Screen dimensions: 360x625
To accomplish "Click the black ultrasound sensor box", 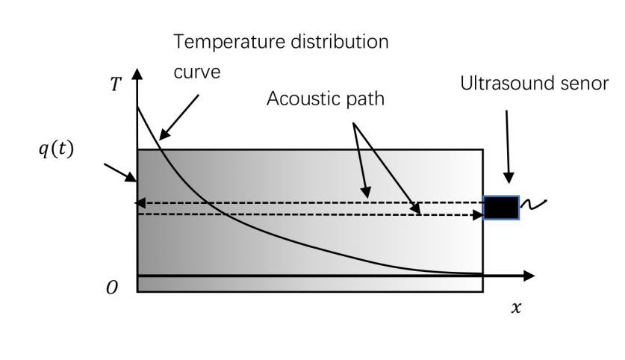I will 501,207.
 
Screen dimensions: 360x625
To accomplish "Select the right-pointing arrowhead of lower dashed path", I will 479,214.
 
